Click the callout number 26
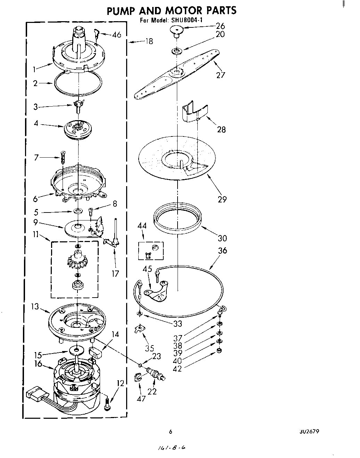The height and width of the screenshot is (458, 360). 220,26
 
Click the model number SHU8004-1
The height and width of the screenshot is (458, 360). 187,20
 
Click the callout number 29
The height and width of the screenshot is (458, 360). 222,199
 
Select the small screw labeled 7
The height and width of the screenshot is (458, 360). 63,157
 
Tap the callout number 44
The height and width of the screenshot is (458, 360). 142,226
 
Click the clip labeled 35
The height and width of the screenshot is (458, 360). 139,328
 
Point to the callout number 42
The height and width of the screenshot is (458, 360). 177,369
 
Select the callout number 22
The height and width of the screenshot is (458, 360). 152,391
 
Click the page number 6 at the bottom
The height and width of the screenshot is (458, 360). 170,432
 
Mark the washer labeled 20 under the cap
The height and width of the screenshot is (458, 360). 177,51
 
